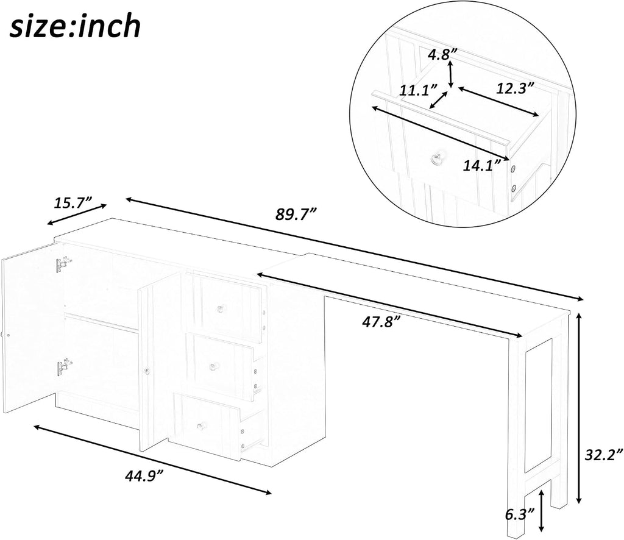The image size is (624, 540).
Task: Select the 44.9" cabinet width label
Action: click(x=144, y=475)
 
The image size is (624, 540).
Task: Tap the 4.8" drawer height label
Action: click(x=442, y=54)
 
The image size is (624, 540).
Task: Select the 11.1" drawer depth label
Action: click(x=418, y=90)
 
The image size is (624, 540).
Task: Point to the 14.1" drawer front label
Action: click(x=481, y=165)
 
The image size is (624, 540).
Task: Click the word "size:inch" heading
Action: click(x=76, y=26)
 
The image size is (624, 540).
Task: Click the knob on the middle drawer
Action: click(x=214, y=366)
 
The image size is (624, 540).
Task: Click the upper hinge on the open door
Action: click(x=63, y=265)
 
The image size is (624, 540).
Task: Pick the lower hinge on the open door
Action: click(x=64, y=368)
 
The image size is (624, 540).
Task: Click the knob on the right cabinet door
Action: click(x=147, y=371)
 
